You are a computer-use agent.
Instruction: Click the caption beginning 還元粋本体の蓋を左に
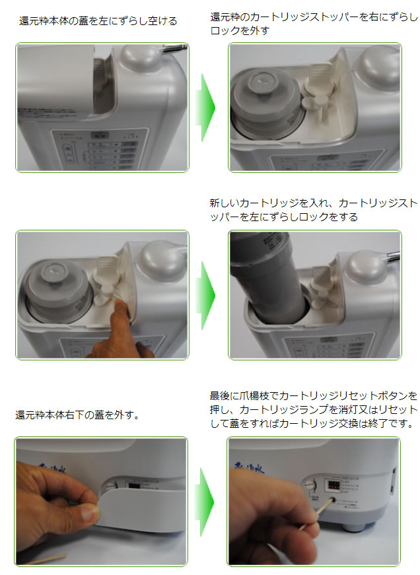(98, 21)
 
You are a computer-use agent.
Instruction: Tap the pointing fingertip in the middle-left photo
(118, 306)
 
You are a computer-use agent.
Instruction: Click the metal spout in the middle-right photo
(394, 253)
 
